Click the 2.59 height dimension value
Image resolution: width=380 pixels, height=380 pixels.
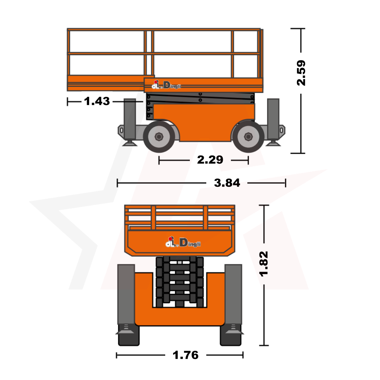(301, 73)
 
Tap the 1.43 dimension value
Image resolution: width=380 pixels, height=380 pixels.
(97, 101)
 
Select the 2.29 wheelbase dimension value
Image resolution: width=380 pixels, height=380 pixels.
(210, 160)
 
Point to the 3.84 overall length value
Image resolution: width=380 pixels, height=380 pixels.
(227, 183)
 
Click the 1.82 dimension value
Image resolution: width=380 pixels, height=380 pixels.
(264, 264)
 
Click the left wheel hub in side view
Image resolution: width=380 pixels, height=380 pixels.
(159, 137)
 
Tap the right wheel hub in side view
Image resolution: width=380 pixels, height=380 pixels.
(248, 137)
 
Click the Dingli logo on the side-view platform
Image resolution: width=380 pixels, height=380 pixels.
(166, 85)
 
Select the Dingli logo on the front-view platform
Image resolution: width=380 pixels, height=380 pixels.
(183, 242)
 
